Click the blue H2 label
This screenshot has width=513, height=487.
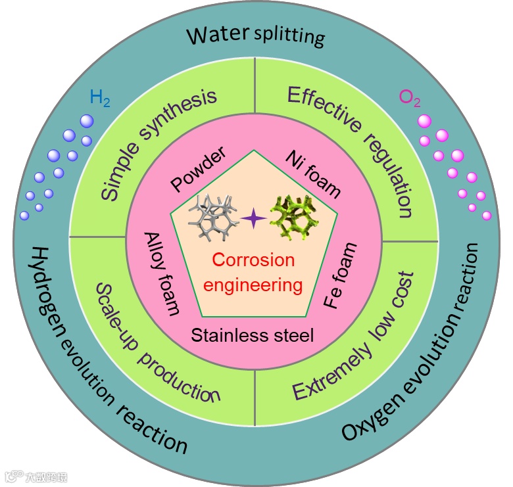100,100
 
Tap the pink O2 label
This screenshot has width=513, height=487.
410,99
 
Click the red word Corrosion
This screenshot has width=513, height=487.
253,260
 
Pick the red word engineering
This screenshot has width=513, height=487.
253,285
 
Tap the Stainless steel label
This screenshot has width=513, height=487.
253,335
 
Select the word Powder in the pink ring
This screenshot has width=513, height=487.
198,169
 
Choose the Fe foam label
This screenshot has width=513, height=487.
342,275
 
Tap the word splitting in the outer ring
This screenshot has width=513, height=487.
289,36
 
